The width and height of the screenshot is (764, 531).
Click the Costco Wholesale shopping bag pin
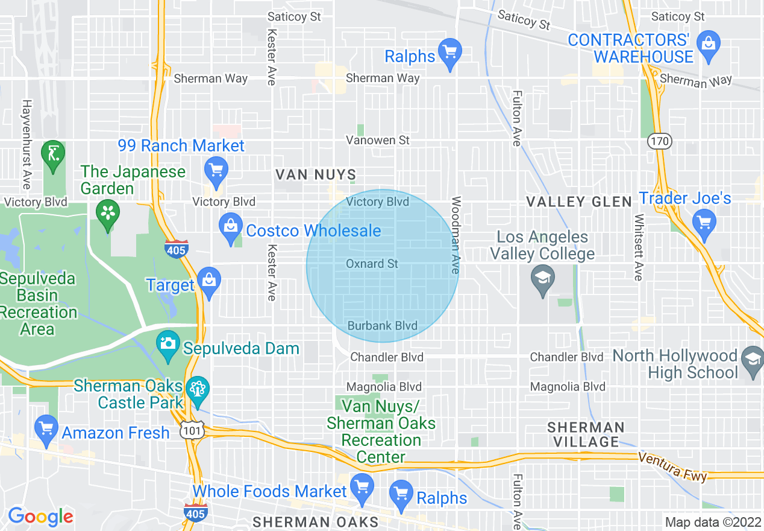tap(231, 229)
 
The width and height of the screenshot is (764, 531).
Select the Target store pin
tap(209, 283)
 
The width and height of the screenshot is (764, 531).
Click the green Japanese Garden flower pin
tap(108, 215)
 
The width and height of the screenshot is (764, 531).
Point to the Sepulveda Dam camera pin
tap(167, 346)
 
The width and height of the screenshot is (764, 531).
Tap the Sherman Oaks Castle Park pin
tap(196, 390)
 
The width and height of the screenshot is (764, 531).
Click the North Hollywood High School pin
tap(753, 361)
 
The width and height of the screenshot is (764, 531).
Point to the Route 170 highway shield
tap(659, 141)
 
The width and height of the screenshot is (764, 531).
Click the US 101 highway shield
tap(191, 430)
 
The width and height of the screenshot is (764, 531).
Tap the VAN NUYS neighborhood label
tap(316, 175)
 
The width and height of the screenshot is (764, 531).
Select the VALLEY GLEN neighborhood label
tap(579, 202)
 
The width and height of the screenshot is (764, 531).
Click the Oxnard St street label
tap(372, 264)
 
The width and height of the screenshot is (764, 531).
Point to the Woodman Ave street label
tap(456, 235)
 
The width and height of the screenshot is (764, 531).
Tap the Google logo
tap(40, 517)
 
